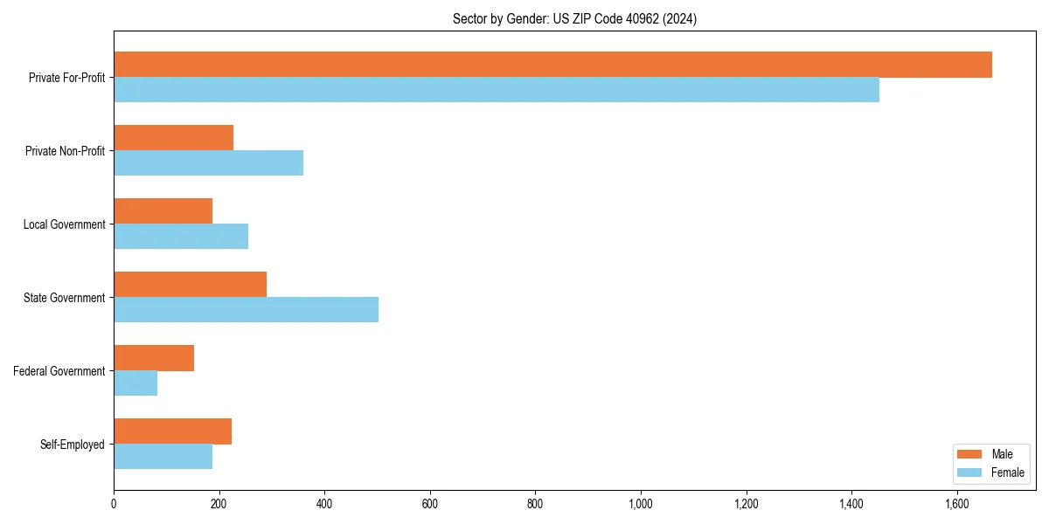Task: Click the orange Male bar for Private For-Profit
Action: coord(552,65)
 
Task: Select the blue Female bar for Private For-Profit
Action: coord(497,90)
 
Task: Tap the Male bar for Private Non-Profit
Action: coord(173,138)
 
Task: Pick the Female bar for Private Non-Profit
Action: coord(208,163)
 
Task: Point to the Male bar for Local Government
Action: coord(163,211)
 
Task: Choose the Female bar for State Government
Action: coord(246,310)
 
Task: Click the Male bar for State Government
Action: coord(190,285)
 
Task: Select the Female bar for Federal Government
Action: coord(135,383)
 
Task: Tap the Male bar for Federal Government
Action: coord(154,358)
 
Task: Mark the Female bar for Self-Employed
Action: coord(163,457)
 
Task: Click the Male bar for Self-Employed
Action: coord(172,431)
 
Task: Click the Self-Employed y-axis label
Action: coord(72,445)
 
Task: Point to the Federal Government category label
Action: coord(59,371)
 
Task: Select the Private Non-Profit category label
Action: coord(65,151)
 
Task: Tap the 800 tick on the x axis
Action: coord(535,504)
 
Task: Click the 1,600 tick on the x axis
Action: coord(956,504)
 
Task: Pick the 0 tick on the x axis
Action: coord(114,504)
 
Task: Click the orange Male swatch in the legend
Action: coord(970,455)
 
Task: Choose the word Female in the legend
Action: coord(1007,472)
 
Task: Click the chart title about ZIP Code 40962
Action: coord(574,18)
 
